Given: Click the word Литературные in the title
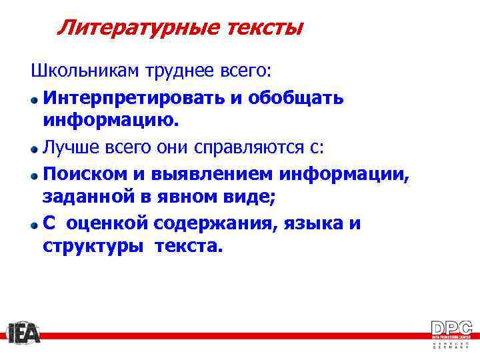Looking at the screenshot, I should point(127,28).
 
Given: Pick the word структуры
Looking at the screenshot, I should point(93,247).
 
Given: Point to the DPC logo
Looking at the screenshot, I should point(451,332).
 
